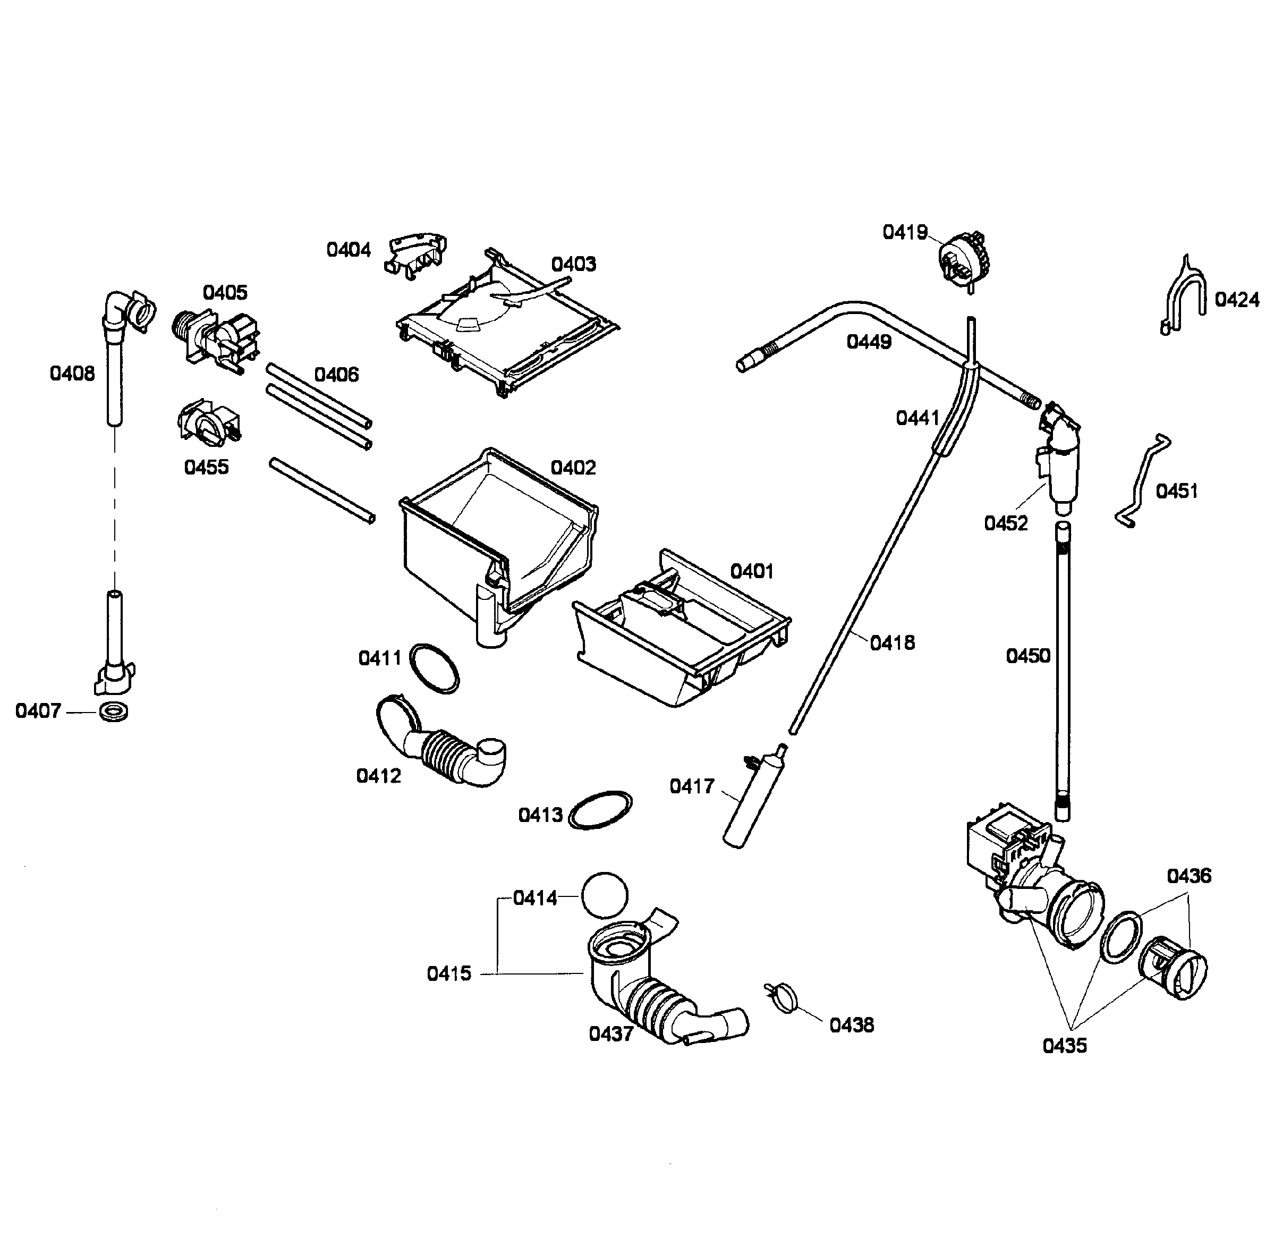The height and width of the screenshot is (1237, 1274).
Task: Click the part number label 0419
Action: point(904,233)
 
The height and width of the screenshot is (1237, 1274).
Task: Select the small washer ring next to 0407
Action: point(114,712)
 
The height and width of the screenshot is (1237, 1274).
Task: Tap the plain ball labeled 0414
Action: point(605,895)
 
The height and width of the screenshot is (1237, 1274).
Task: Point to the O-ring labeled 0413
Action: point(600,810)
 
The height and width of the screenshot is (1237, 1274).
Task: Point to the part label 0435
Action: point(1065,1046)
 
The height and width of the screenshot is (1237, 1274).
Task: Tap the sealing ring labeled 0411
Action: point(434,669)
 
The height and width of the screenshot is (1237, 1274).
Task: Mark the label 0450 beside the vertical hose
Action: point(1027,656)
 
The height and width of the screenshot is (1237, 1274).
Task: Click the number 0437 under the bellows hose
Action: point(610,1034)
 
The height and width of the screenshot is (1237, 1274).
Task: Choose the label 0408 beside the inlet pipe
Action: point(72,374)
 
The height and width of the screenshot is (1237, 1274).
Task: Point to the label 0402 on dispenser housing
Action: point(573,468)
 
